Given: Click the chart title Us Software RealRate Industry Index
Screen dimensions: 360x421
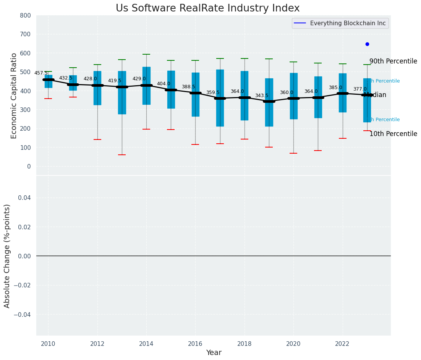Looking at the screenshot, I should pos(207,8).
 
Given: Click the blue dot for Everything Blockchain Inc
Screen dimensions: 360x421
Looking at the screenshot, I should pos(367,44).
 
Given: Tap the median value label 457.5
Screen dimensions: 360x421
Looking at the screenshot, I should pos(41,73).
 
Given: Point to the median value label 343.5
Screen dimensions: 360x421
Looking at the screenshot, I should pos(262,96).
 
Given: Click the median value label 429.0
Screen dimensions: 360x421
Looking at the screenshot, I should pos(139,79).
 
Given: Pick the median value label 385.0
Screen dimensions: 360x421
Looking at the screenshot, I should pos(335,88).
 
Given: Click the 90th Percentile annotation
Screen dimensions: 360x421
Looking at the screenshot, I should pos(393,61).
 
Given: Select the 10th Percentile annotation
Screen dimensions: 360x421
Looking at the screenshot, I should pos(393,134).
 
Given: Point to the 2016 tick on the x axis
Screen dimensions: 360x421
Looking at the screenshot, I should pos(195,344).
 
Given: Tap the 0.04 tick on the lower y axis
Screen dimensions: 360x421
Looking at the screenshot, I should pos(23,198).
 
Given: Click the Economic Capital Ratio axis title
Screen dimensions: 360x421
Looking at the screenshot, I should pos(14,96).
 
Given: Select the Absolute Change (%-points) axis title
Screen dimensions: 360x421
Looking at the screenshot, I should pos(7,256).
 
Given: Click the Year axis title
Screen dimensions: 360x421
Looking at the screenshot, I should pos(214,353).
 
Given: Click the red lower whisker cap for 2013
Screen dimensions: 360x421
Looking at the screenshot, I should pos(122,155).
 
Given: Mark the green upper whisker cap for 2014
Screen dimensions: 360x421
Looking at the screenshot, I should pos(146,54).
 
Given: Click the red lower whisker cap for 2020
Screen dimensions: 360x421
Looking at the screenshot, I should pos(293,153).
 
